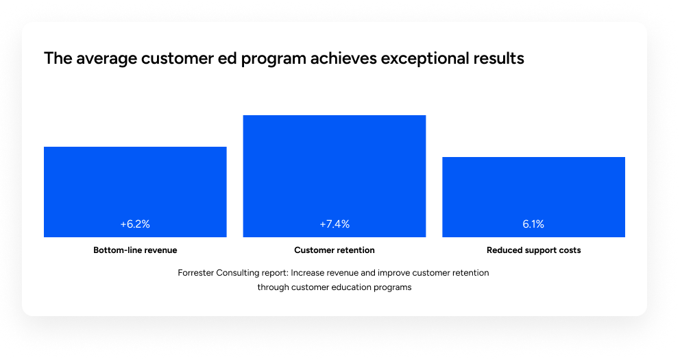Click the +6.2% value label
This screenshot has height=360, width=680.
pos(135,224)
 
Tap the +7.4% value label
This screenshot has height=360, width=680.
pos(335,224)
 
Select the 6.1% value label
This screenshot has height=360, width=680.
pos(533,224)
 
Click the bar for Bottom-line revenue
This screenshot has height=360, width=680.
pos(135,192)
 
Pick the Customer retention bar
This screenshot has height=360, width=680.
pos(335,176)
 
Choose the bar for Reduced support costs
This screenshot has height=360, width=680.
pos(534,197)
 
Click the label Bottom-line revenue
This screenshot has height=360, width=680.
pos(135,250)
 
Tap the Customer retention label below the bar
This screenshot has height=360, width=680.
pos(335,250)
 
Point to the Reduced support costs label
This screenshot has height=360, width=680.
pos(534,250)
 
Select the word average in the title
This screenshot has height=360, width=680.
pos(107,58)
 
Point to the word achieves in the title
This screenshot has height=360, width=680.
pos(343,58)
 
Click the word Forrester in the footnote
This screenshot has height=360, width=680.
pos(195,273)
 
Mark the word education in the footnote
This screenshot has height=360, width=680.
pos(351,287)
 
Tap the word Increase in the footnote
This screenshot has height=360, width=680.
pos(308,273)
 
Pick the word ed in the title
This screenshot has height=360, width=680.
pos(228,58)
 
